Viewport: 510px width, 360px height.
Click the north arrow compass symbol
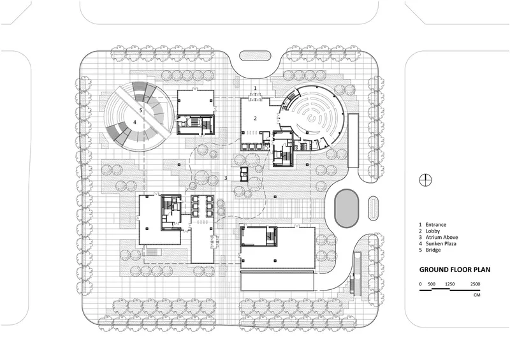point(425,180)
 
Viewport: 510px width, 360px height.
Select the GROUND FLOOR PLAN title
point(455,270)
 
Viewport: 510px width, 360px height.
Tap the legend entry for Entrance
point(433,225)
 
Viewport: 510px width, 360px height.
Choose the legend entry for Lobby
point(429,231)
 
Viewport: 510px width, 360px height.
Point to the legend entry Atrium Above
point(438,238)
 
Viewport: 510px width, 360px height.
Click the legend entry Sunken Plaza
point(437,243)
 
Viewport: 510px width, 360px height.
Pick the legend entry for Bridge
point(430,250)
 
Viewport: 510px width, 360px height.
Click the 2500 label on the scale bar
point(475,284)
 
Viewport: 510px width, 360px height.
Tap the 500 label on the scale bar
point(432,284)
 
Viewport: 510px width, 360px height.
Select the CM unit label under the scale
point(477,295)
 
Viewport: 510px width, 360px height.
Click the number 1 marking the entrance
point(256,88)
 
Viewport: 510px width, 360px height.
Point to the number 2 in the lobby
point(256,119)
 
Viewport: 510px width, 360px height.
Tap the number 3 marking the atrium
point(226,178)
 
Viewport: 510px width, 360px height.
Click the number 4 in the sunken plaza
point(135,122)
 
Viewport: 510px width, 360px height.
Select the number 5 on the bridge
point(141,110)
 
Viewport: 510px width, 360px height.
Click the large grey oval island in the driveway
point(347,208)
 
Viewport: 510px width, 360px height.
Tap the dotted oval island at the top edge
point(255,56)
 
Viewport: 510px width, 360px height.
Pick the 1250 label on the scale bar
point(450,284)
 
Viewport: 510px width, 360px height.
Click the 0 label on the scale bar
point(420,284)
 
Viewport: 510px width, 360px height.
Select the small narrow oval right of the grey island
point(373,208)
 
